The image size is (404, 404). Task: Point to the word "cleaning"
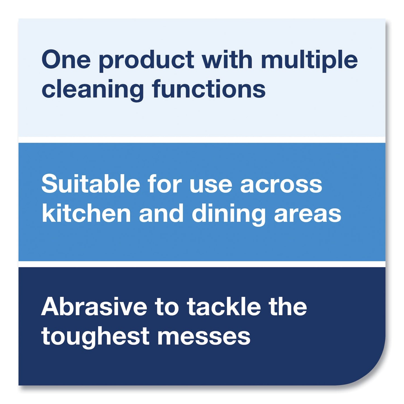[x=93, y=90]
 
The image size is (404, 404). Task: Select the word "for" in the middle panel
[x=165, y=184]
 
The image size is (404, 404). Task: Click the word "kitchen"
[x=86, y=214]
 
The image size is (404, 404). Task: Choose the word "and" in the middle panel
[x=161, y=214]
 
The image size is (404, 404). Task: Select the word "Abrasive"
[x=94, y=307]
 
